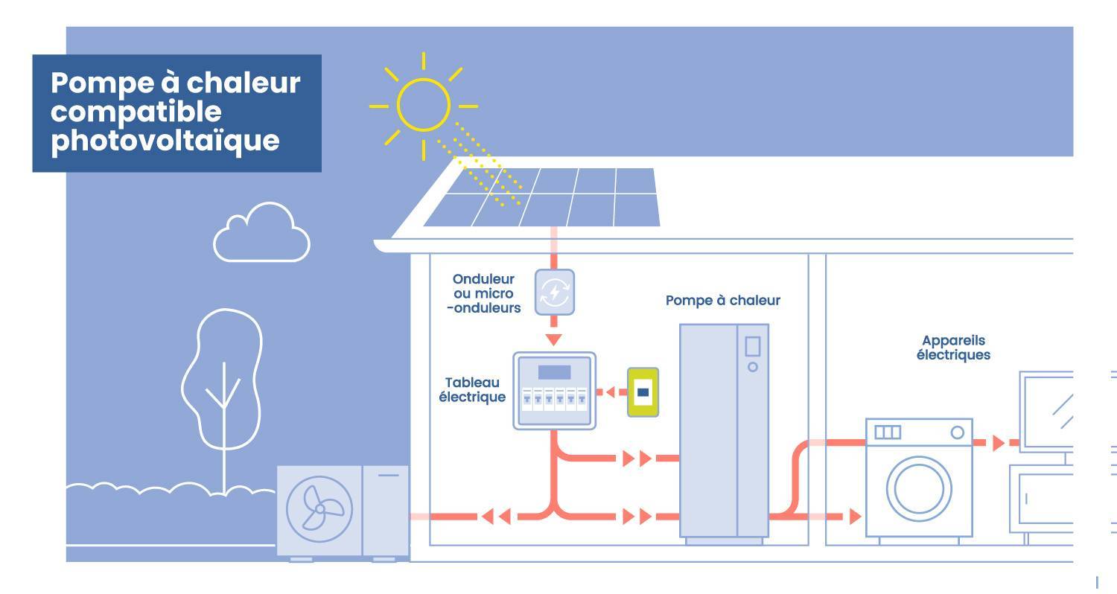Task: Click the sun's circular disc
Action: (423, 103)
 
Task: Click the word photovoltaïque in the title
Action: (165, 141)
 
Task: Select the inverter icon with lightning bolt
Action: (555, 292)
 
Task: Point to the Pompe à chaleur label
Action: (722, 301)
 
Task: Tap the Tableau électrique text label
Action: (472, 389)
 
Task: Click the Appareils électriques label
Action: (953, 348)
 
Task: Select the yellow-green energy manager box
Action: (643, 392)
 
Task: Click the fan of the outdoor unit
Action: (319, 508)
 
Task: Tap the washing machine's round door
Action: (918, 489)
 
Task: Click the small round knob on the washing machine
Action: (958, 432)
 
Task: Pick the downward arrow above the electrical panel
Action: (553, 339)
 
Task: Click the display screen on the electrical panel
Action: (554, 372)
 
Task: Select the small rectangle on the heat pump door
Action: (752, 347)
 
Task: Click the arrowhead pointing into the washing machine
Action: (856, 516)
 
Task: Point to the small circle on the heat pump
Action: (752, 367)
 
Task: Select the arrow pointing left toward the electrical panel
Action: (608, 392)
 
